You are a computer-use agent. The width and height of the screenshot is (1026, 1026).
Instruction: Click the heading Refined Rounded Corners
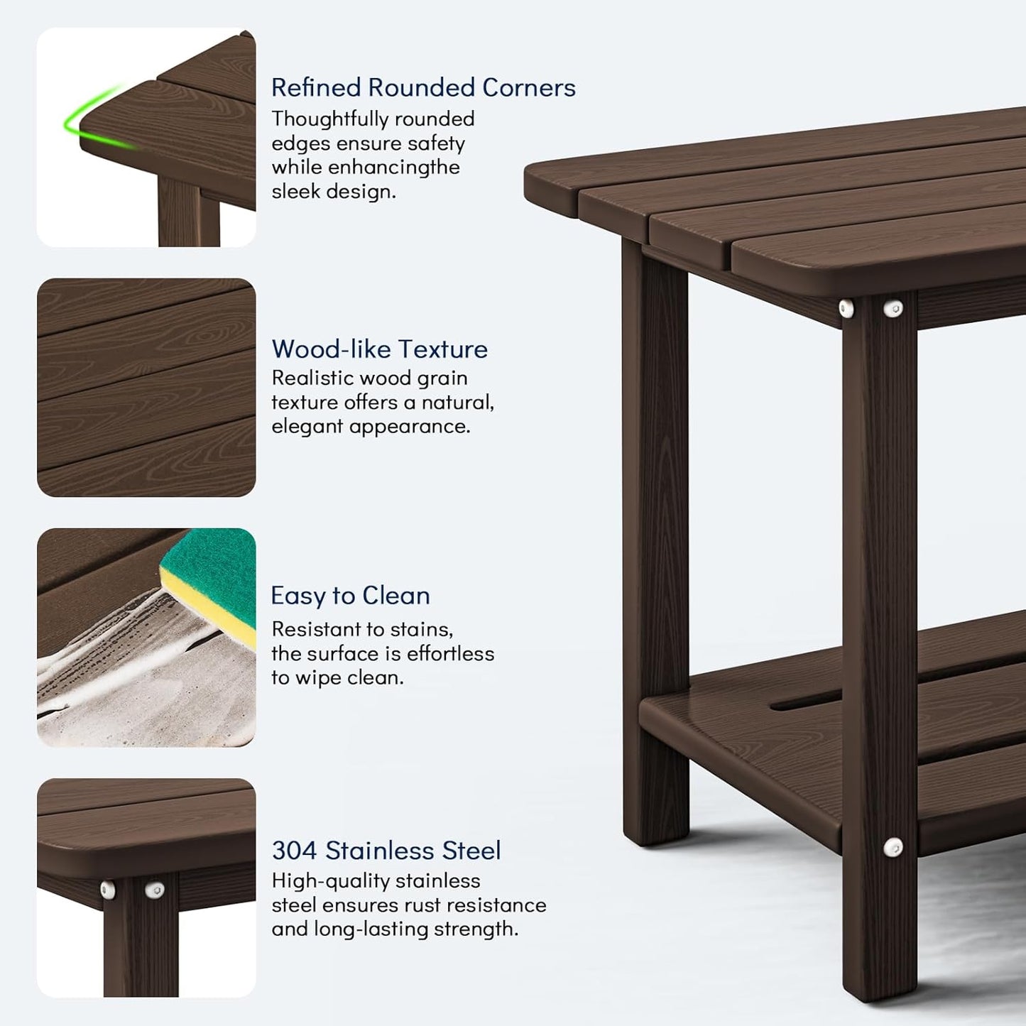point(423,87)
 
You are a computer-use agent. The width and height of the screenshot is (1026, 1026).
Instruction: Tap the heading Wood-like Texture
point(379,349)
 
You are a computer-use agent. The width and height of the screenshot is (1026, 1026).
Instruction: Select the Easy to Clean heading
point(350,595)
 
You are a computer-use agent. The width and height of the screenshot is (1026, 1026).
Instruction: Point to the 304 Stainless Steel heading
point(386,850)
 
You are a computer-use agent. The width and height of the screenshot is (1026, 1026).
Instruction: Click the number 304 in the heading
point(294,850)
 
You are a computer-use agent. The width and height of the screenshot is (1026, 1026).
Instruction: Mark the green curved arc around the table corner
point(85,117)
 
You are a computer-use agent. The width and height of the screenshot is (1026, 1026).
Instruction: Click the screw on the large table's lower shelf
point(893,846)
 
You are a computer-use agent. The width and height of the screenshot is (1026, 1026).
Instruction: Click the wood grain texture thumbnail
point(146,388)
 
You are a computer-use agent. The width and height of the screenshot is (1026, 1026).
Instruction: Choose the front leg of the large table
point(879,639)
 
